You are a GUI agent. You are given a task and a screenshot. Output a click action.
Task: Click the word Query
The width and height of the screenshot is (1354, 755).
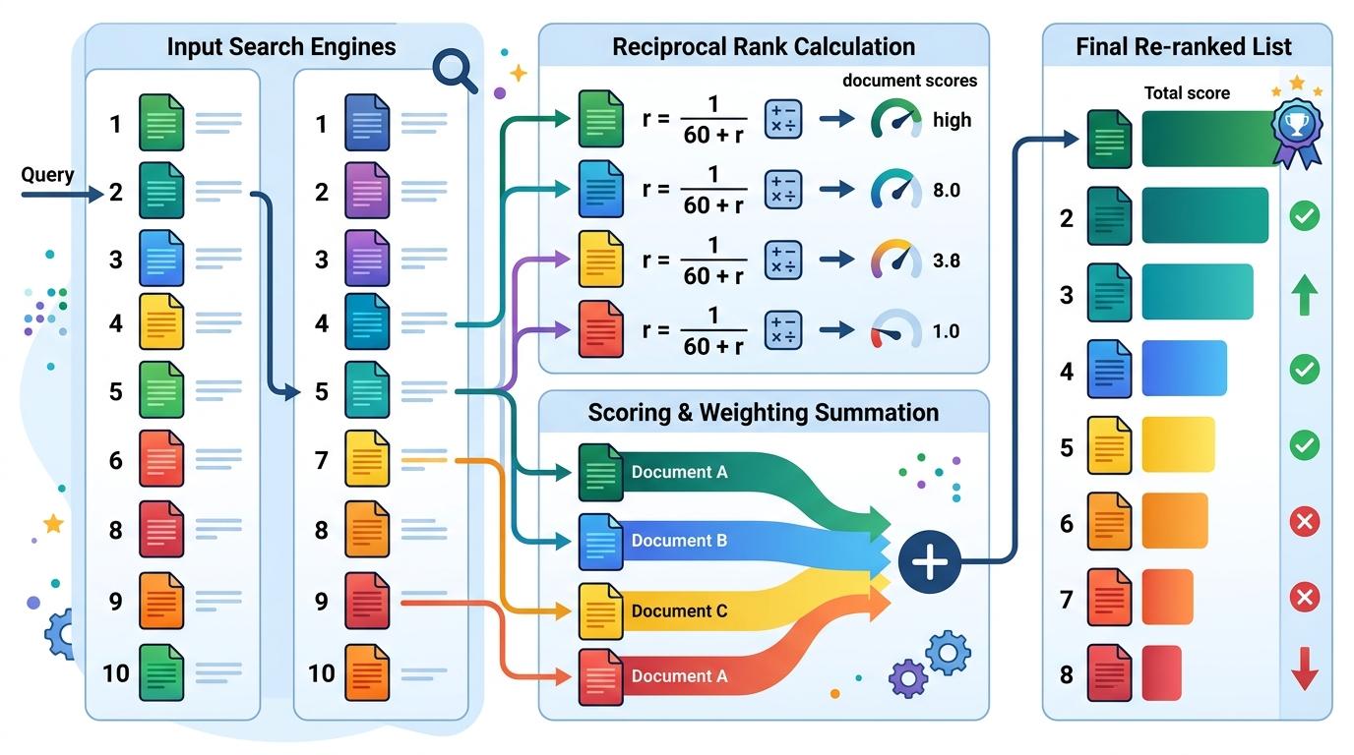coord(47,175)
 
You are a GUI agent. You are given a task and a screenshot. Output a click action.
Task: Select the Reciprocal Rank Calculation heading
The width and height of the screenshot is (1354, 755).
coord(763,46)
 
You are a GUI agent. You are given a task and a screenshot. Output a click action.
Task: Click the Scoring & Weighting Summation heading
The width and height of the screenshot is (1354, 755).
coord(763,412)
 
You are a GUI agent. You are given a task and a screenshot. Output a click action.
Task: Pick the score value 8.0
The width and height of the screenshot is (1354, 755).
coord(946,190)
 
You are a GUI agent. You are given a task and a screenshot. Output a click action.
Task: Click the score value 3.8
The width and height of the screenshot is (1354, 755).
coord(946,261)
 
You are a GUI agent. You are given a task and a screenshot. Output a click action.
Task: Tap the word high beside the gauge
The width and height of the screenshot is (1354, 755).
coord(952,120)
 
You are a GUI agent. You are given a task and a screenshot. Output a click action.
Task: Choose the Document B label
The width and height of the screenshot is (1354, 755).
coord(679,541)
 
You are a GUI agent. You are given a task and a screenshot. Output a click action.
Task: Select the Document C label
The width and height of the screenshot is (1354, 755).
coord(679,611)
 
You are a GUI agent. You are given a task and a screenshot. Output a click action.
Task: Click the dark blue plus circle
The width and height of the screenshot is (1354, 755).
coord(929,562)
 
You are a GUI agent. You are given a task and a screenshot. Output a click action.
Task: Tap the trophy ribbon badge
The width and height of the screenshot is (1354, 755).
coord(1296,129)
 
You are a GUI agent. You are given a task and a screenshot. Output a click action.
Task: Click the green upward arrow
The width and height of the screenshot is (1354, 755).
coord(1304,294)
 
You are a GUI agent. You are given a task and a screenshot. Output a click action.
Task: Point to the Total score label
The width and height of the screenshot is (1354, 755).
coord(1187,93)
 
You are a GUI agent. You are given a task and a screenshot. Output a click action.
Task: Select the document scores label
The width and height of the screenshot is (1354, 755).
coord(909,81)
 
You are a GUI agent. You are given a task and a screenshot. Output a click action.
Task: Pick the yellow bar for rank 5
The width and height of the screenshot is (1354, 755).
coord(1178,444)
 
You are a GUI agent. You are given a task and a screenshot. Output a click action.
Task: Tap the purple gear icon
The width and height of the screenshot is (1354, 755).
coord(907,677)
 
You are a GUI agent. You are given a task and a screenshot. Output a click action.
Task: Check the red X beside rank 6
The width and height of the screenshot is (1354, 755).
coord(1304,521)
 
